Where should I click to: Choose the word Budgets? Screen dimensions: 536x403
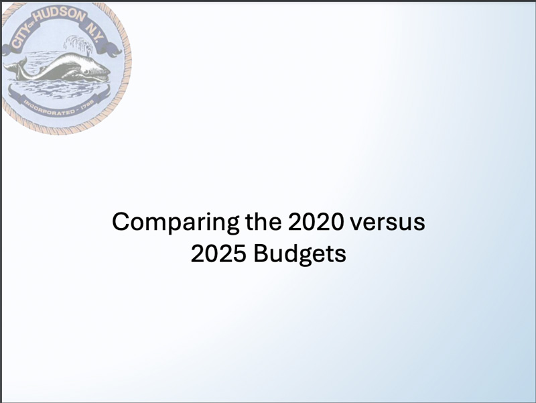point(299,255)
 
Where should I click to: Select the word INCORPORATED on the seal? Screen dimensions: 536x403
point(49,107)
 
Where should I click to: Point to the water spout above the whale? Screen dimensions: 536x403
point(78,46)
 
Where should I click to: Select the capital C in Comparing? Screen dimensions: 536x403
point(121,221)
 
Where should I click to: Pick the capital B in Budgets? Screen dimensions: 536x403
point(261,253)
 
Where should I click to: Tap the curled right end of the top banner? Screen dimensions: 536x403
point(113,49)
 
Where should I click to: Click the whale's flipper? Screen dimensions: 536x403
point(71,74)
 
